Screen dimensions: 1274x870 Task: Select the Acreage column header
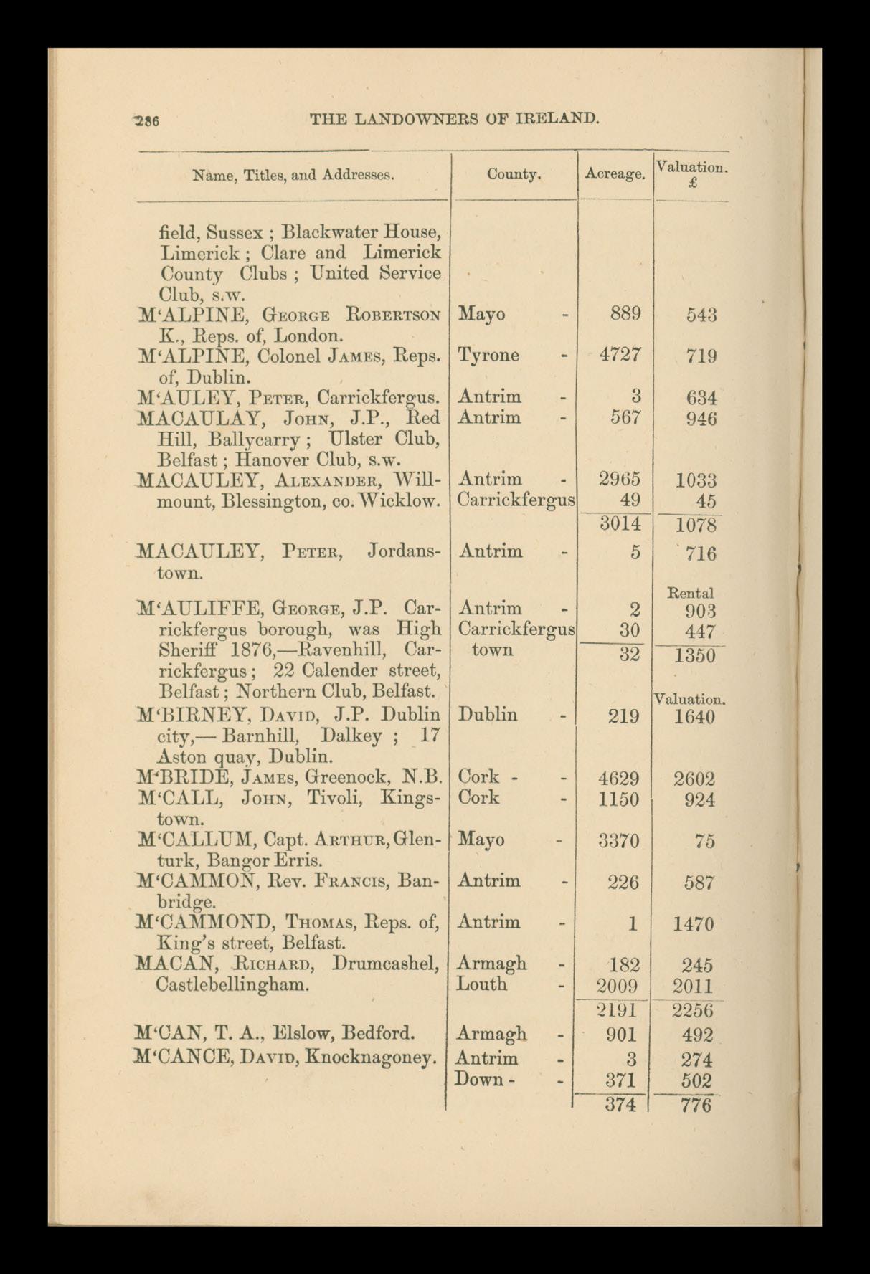[615, 173]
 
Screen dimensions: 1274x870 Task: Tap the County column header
[514, 173]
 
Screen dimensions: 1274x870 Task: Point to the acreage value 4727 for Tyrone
[620, 356]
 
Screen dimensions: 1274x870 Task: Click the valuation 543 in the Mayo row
[701, 315]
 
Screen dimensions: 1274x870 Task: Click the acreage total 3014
[620, 524]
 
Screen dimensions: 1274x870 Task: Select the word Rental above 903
[690, 594]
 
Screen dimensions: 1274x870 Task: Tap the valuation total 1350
[694, 655]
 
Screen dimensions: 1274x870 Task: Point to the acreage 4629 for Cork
[618, 779]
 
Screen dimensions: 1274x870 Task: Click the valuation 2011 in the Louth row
[693, 986]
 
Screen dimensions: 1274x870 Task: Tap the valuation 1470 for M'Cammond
[693, 924]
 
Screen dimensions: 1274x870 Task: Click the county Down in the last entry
[478, 1079]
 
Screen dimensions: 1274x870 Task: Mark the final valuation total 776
[695, 1105]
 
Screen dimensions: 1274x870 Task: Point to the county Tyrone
[488, 356]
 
